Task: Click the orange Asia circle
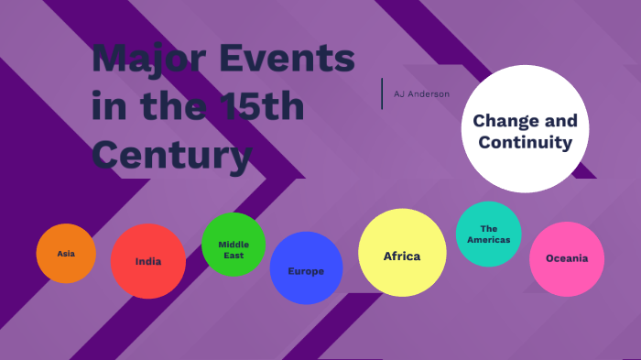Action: click(66, 254)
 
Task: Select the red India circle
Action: click(148, 261)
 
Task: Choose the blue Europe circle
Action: click(306, 270)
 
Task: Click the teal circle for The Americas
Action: click(488, 234)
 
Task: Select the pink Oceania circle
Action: click(567, 258)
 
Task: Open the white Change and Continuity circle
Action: click(524, 130)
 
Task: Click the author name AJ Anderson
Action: click(421, 93)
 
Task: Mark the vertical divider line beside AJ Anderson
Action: click(382, 93)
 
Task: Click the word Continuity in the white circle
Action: click(525, 143)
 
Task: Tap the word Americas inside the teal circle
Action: click(488, 240)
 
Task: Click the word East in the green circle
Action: click(234, 255)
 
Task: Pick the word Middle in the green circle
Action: click(234, 245)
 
